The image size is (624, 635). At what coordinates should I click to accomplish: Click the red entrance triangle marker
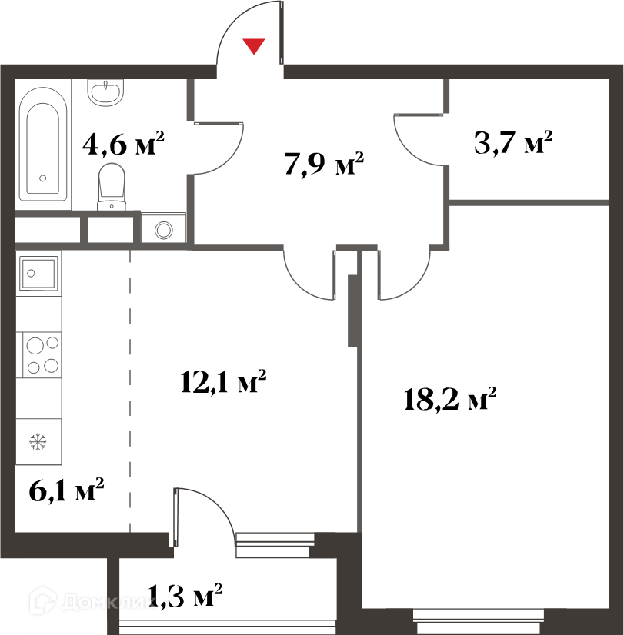(254, 45)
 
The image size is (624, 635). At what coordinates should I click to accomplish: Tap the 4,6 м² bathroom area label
(123, 143)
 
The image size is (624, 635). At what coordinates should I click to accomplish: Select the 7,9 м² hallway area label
(324, 163)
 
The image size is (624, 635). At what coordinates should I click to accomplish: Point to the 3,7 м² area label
(513, 142)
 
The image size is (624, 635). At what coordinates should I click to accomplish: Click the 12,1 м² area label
(223, 381)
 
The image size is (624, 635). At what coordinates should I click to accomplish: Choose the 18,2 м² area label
(450, 399)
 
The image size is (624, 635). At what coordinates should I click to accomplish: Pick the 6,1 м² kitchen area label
(66, 490)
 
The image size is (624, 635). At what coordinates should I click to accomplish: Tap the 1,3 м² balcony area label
(185, 595)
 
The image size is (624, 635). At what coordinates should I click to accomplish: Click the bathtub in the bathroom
(43, 145)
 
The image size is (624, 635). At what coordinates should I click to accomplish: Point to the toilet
(112, 187)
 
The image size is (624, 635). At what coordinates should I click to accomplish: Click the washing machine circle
(164, 230)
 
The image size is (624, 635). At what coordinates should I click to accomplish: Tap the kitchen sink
(38, 274)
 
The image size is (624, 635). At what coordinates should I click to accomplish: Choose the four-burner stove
(39, 354)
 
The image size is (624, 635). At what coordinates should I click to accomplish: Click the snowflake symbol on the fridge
(38, 442)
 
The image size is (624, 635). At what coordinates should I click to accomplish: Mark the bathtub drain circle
(42, 178)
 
